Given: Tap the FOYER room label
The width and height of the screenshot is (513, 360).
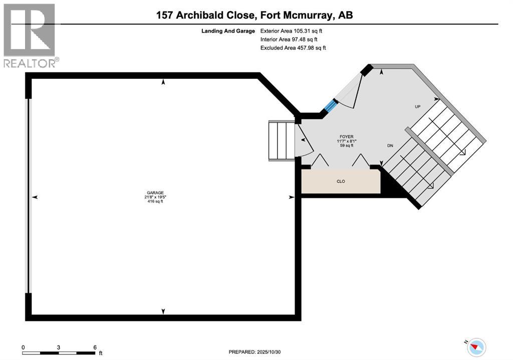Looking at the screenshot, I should pyautogui.click(x=346, y=136).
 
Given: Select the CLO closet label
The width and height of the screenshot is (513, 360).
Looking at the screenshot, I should pyautogui.click(x=341, y=181).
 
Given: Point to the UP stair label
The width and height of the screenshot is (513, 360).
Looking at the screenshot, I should pyautogui.click(x=417, y=107).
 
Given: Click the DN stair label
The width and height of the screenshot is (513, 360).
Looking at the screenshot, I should pyautogui.click(x=390, y=146).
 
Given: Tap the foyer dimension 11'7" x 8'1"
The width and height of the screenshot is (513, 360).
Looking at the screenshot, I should pyautogui.click(x=346, y=141).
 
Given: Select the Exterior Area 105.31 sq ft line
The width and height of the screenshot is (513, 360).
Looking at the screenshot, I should pyautogui.click(x=295, y=31).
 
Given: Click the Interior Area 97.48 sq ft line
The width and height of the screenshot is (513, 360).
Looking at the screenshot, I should pyautogui.click(x=289, y=39).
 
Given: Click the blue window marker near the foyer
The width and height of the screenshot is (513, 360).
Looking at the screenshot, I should pyautogui.click(x=330, y=106).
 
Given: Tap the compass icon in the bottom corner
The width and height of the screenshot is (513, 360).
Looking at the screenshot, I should pyautogui.click(x=477, y=346).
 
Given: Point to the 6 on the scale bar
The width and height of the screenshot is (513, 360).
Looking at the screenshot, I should pyautogui.click(x=95, y=347).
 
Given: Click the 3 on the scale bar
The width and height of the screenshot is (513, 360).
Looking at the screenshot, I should pyautogui.click(x=59, y=347).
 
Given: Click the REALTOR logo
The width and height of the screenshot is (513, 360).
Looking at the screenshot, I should pyautogui.click(x=30, y=35).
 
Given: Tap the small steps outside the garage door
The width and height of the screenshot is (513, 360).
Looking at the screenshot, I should pyautogui.click(x=282, y=140).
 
